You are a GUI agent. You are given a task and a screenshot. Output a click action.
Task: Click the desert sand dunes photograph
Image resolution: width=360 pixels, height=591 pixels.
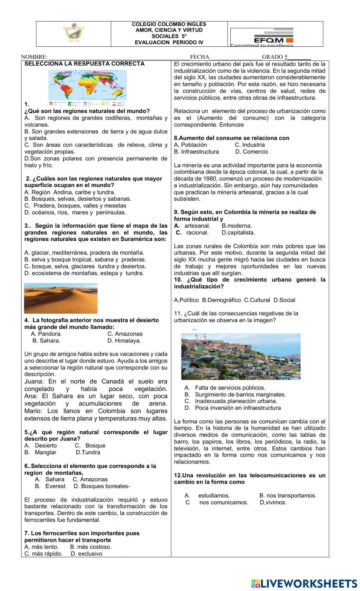60,298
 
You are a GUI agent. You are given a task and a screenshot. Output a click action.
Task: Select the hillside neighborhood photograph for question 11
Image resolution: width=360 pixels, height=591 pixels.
240,356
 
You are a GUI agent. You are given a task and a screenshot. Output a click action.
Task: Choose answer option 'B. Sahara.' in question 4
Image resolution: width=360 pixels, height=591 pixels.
46,341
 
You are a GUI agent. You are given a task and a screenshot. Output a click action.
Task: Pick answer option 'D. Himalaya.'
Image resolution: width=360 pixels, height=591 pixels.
124,341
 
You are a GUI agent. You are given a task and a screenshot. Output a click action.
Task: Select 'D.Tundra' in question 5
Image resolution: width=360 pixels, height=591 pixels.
88,453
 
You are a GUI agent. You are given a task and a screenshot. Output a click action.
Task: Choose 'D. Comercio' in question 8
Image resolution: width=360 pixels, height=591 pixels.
252,152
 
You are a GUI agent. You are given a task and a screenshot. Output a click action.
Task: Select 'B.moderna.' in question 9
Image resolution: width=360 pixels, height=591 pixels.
237,226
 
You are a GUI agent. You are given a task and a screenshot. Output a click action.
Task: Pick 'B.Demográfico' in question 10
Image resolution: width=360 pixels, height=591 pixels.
221,300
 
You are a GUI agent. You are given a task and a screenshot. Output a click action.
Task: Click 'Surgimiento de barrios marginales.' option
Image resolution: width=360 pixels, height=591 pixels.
240,395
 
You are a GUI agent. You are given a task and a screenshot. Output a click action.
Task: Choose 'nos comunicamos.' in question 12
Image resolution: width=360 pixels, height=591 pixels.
223,503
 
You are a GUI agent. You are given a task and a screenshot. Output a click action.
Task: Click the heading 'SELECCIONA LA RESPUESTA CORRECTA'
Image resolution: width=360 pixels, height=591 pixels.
84,64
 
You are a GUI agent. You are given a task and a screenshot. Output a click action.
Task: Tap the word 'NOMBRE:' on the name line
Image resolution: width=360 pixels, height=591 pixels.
34,57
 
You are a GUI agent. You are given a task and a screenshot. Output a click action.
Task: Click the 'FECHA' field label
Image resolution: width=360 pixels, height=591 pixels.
199,57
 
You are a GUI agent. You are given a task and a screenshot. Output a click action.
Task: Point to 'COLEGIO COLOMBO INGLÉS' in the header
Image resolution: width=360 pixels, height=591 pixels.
169,24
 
